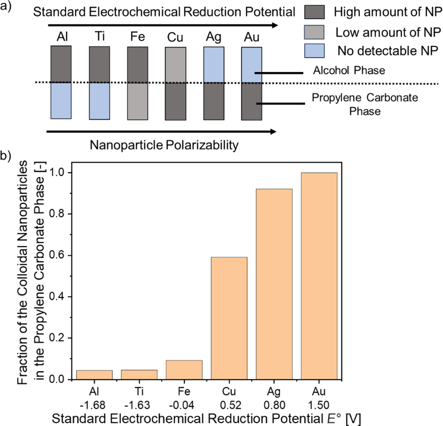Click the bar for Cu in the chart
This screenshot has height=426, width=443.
[229, 318]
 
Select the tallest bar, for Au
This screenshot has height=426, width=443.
[319, 276]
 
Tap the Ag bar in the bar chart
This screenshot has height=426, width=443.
[274, 284]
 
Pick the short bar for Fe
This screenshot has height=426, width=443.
[184, 370]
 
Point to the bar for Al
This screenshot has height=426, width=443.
[94, 374]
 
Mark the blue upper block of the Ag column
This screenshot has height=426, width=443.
[214, 65]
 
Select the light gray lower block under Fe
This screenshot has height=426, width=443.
[137, 101]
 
